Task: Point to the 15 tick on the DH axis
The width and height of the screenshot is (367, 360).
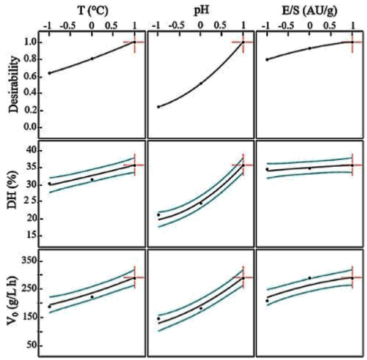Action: [31, 236]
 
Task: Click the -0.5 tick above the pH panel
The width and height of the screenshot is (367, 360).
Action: [178, 23]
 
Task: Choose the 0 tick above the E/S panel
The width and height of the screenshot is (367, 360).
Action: [310, 23]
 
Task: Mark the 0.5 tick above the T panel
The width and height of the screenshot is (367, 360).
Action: [113, 23]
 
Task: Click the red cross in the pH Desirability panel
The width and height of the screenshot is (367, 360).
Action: [243, 42]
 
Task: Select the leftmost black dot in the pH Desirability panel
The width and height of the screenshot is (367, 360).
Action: [159, 107]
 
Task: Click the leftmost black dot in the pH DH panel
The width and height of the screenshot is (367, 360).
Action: [159, 215]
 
